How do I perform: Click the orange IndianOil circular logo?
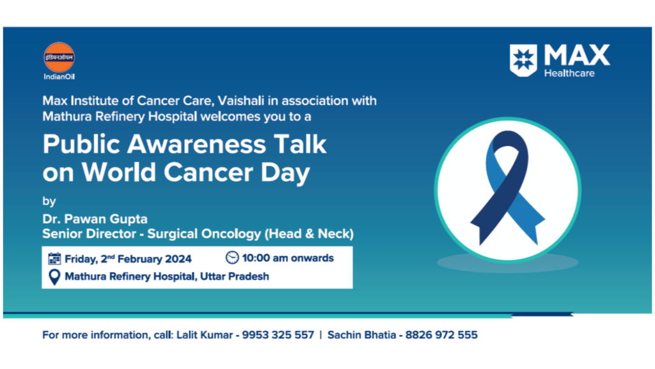59,57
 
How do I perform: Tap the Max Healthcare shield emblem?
523,60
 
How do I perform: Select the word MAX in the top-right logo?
577,55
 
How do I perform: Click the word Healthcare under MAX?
569,73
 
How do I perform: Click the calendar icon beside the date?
54,259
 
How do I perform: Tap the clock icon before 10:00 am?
232,258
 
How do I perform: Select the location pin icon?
54,277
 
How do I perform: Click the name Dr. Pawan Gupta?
95,219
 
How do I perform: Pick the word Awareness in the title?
196,144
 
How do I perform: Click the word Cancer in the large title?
208,172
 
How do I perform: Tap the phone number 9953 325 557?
278,334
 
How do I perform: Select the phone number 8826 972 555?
441,334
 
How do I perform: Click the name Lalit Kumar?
204,334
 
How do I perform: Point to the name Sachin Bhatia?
361,334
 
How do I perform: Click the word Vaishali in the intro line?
241,101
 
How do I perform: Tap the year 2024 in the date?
178,259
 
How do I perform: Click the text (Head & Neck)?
309,233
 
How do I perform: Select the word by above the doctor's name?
49,201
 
